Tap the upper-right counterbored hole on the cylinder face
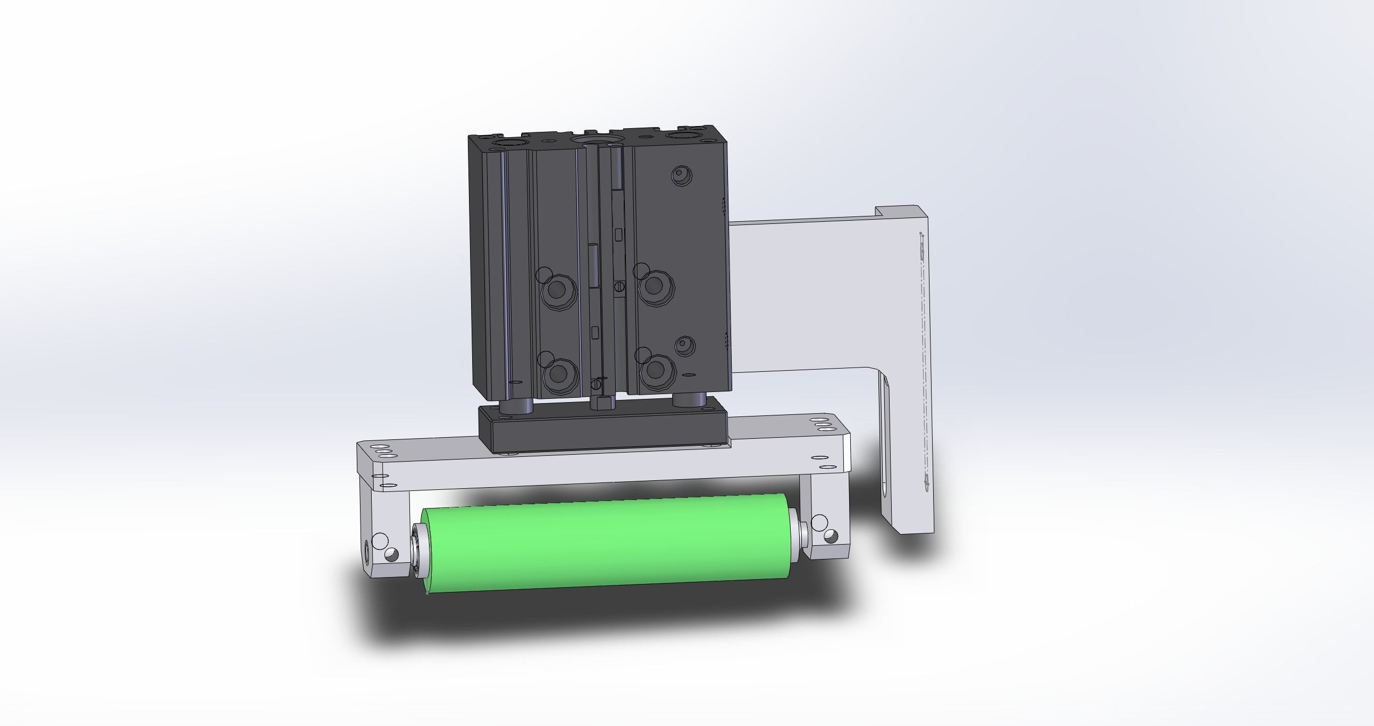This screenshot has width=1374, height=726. [656, 287]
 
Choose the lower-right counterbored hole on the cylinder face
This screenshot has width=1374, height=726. [657, 370]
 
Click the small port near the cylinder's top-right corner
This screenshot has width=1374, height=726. [681, 174]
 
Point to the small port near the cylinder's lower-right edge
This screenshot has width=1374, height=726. [684, 346]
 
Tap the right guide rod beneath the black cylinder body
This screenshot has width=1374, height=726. [689, 399]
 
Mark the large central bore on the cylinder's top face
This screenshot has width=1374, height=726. [596, 140]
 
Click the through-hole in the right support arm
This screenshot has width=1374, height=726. [831, 536]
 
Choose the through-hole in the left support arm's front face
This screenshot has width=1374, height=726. [392, 555]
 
